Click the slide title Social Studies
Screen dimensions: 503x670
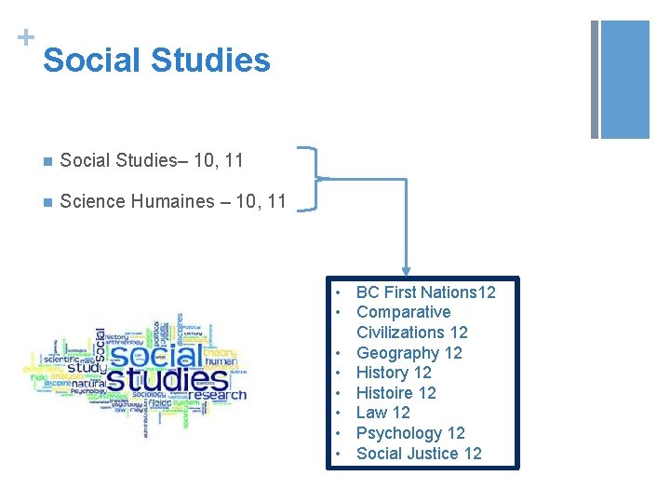click(156, 61)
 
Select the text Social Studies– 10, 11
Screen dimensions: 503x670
click(152, 160)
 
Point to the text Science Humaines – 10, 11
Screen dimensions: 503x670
click(172, 201)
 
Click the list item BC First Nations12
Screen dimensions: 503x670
click(425, 292)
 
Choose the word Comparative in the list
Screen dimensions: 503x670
click(403, 312)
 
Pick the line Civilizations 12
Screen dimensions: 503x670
click(411, 333)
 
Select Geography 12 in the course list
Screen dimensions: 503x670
click(409, 353)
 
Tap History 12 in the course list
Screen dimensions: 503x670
click(394, 373)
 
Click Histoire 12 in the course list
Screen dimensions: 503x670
click(395, 393)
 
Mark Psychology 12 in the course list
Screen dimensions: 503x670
click(410, 433)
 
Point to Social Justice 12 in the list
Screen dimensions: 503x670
click(419, 454)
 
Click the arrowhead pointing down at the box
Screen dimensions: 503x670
click(406, 270)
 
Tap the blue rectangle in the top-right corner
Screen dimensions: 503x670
click(624, 79)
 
